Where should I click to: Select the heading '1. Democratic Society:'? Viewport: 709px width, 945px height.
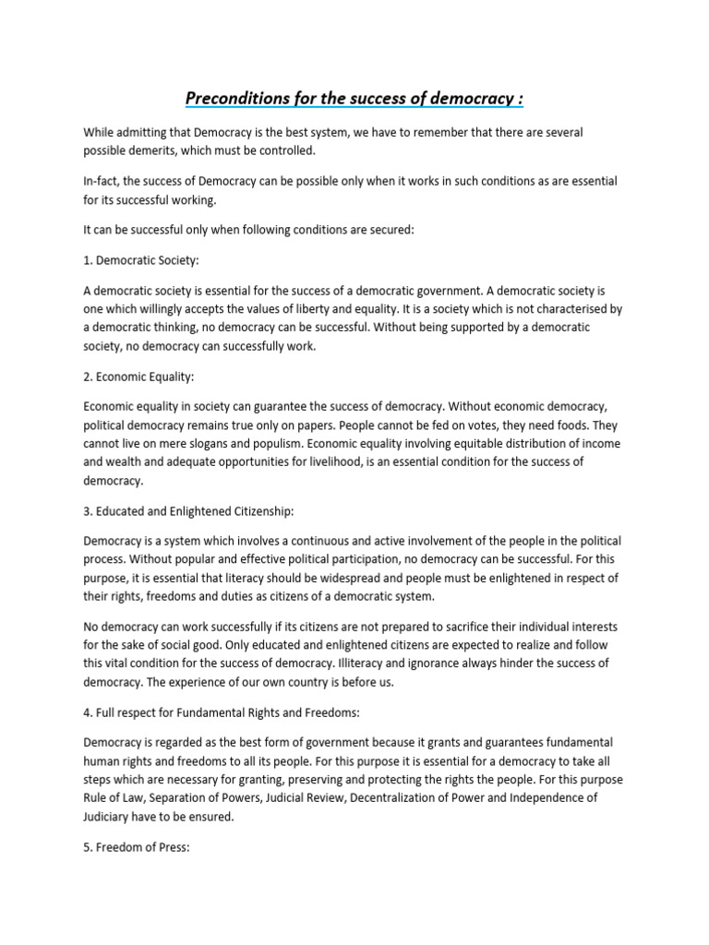pyautogui.click(x=140, y=261)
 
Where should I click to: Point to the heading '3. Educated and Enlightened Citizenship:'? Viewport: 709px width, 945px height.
pyautogui.click(x=188, y=510)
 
